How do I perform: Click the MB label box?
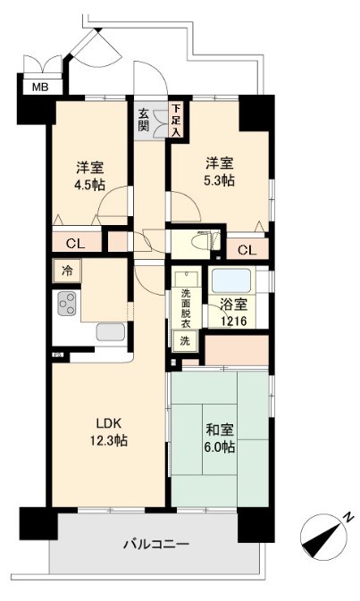[39, 87]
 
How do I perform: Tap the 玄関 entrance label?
[145, 119]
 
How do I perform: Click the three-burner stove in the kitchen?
[68, 305]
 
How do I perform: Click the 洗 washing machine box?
[185, 341]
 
